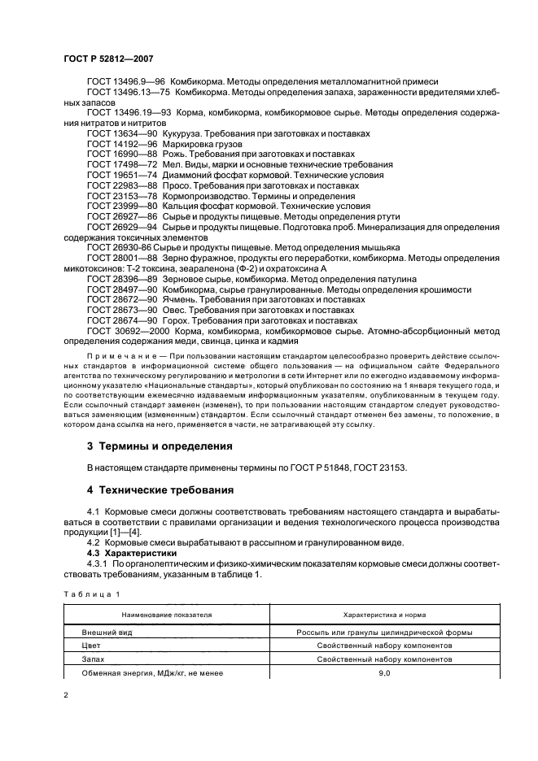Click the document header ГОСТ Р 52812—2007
click(x=107, y=59)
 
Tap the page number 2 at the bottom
click(x=67, y=695)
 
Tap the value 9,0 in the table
click(x=384, y=673)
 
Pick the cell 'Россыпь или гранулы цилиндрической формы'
click(x=384, y=631)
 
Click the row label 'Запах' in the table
click(x=94, y=659)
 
